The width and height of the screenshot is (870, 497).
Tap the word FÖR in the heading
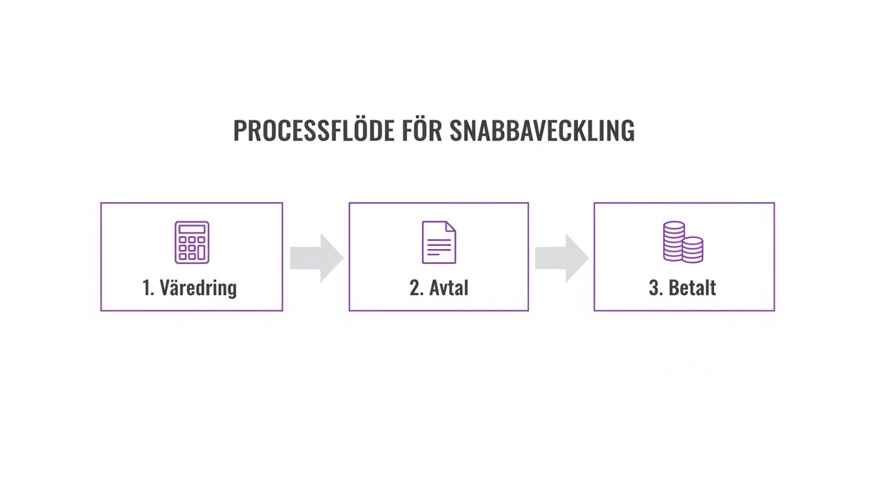pos(421,131)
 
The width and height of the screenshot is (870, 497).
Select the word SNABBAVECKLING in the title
pos(541,131)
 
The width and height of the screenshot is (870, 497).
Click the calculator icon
pos(192,242)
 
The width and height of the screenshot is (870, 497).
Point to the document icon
pos(439,242)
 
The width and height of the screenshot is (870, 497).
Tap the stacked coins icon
pos(683,242)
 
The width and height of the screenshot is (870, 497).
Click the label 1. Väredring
pos(190,287)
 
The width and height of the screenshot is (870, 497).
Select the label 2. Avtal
pos(438,287)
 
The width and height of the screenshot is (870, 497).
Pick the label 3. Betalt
pos(682,287)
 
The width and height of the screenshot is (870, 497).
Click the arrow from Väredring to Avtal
pos(316,258)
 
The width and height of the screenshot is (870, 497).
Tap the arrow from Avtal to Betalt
pos(561,258)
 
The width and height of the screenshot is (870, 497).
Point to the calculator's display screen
pos(192,229)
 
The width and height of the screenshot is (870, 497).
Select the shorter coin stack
pos(693,249)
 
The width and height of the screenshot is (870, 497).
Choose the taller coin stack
pos(673,241)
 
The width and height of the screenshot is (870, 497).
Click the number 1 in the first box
pos(146,287)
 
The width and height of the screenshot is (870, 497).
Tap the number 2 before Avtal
pos(414,287)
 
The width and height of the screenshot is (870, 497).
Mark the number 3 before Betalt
pos(653,287)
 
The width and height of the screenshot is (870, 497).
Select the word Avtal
pos(447,287)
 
